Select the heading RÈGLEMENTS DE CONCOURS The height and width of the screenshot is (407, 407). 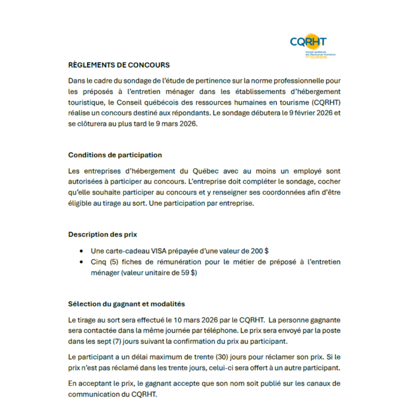point(119,65)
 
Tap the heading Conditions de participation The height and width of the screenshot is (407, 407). point(115,155)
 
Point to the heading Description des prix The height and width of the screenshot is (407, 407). point(103,235)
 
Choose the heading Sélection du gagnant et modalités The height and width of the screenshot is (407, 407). point(126,304)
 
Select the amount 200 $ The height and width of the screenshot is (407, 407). point(260,251)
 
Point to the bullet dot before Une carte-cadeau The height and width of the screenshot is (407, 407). point(81,251)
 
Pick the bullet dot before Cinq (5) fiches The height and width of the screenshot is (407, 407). point(81,262)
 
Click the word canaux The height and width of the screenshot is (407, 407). point(319,384)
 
